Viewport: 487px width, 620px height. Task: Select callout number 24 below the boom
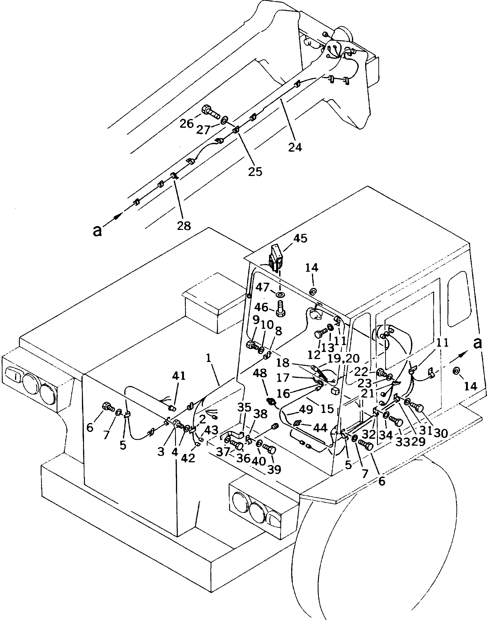pos(295,148)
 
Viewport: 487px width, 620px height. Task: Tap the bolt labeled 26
pos(210,112)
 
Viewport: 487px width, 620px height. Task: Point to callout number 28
pos(184,226)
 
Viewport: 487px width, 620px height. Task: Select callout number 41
pos(178,376)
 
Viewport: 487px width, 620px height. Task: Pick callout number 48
pos(262,373)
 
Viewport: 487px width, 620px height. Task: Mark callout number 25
pos(255,172)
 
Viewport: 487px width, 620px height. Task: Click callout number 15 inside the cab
pos(327,409)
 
